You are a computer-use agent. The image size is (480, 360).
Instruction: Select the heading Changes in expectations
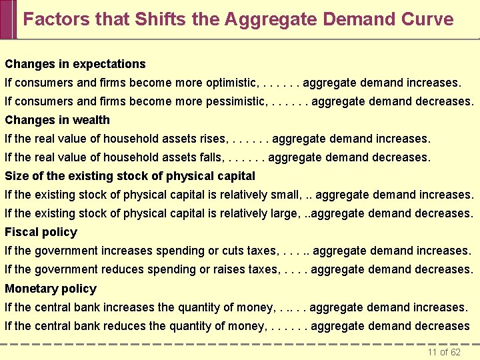click(75, 64)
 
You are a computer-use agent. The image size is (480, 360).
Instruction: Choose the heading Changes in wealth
click(57, 120)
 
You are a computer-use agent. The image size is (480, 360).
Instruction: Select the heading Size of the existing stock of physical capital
click(130, 176)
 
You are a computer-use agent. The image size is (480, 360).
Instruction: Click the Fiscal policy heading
click(41, 232)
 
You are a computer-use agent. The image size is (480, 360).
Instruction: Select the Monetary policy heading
click(51, 289)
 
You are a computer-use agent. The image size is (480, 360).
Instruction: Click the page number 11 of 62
click(444, 352)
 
